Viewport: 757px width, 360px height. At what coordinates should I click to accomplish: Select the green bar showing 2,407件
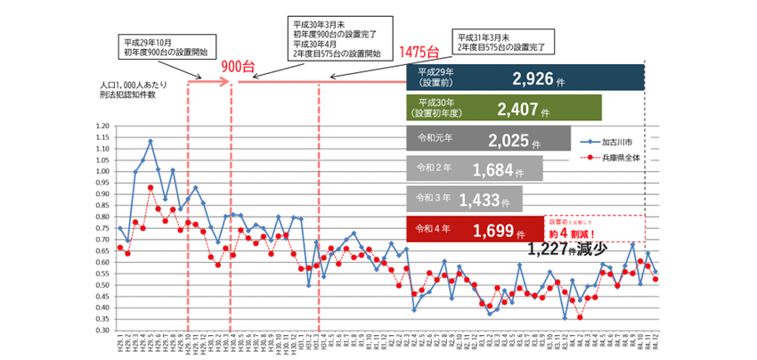505,109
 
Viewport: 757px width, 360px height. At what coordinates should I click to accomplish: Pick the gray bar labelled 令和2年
474,168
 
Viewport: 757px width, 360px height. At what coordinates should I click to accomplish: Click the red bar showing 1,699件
474,230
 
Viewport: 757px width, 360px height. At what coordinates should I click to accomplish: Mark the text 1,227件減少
567,249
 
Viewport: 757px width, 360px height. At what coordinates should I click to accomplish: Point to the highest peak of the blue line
151,141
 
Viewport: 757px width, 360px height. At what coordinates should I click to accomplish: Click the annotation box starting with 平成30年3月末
336,37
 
